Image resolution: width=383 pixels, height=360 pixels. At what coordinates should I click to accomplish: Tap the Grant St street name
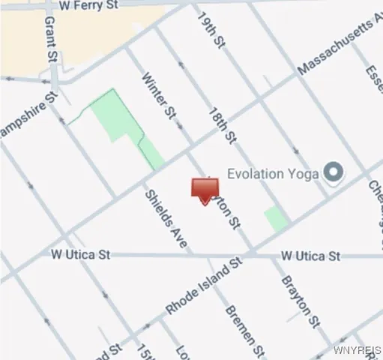point(51,43)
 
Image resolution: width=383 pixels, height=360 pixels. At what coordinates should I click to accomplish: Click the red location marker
point(205,190)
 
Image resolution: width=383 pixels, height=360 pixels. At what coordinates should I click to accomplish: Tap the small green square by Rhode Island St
point(276,218)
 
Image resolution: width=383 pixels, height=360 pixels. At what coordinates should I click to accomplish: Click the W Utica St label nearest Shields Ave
point(80,255)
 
